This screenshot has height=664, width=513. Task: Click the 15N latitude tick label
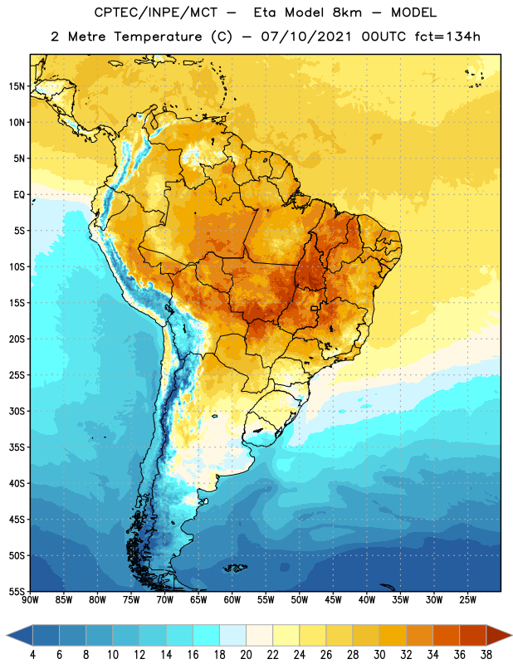(17, 86)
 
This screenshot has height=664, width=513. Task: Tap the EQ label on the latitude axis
(19, 195)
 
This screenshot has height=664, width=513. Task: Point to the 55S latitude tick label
(17, 591)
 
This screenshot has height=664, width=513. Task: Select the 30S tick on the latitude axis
(17, 411)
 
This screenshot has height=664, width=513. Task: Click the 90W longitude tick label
(30, 600)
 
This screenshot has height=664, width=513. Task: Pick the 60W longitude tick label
(232, 600)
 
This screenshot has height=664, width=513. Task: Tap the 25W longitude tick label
(467, 600)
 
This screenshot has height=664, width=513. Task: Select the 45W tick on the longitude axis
(333, 600)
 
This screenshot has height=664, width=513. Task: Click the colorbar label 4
(32, 655)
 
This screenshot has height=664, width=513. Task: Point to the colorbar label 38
(486, 655)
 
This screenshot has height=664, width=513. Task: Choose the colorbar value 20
(246, 655)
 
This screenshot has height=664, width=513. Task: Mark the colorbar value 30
(379, 655)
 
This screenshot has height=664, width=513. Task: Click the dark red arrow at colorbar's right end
(498, 635)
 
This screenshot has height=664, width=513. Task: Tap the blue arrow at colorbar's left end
(20, 635)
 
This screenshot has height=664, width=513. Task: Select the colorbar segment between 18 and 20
(233, 635)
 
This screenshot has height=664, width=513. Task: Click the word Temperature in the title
(158, 37)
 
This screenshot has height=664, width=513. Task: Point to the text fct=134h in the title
(447, 37)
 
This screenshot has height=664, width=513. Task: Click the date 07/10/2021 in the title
(306, 37)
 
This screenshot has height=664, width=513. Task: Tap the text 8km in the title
(347, 12)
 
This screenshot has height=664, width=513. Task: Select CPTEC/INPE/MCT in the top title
(156, 12)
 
